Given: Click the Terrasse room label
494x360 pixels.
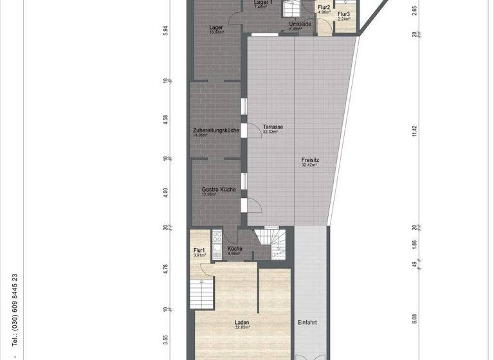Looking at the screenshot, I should (273, 127).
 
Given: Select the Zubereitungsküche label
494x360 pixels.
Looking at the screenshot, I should (216, 130).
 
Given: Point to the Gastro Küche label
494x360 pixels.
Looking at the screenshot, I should (218, 190).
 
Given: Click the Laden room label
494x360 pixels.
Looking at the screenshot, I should (242, 322).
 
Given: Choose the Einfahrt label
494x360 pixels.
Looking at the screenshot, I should (307, 322).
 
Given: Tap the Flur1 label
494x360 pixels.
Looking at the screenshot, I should (199, 250).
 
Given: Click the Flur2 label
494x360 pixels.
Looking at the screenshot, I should (324, 7).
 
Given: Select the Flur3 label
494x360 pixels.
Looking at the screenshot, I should (344, 14).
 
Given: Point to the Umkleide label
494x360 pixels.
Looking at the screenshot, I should (300, 24).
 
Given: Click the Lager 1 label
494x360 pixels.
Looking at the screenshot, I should (263, 3).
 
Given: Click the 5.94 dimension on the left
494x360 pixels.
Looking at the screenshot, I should (165, 31).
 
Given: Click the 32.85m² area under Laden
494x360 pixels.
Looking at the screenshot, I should (242, 327).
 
